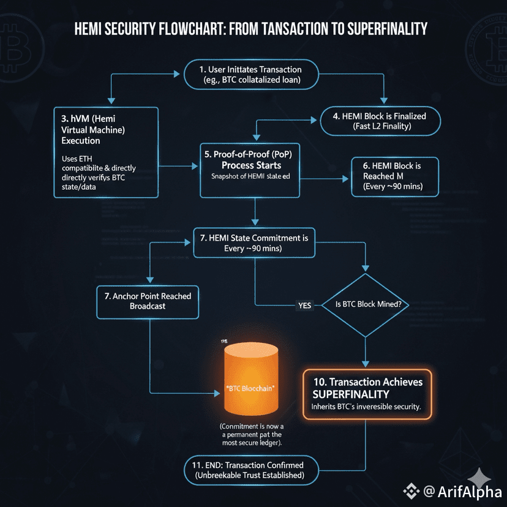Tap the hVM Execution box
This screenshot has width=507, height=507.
(x=106, y=152)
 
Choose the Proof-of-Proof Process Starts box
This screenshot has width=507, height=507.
(x=250, y=170)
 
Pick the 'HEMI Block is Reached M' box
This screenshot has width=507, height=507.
(x=394, y=178)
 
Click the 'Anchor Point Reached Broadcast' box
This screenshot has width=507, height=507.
(x=148, y=301)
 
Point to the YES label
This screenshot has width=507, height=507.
(x=304, y=306)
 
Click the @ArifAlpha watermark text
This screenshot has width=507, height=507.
(x=460, y=491)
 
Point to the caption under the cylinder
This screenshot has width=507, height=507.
(x=252, y=435)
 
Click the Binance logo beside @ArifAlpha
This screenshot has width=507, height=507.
(x=409, y=491)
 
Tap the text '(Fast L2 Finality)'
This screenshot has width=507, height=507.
(x=380, y=127)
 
